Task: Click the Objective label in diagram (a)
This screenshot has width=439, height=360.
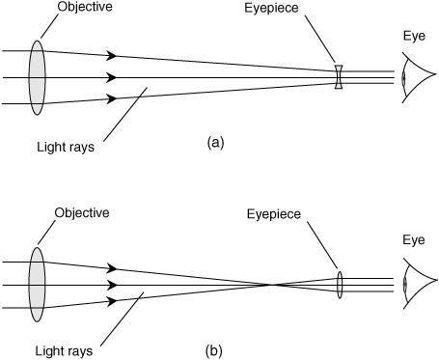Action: click(x=85, y=7)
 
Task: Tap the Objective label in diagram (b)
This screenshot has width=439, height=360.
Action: click(x=82, y=212)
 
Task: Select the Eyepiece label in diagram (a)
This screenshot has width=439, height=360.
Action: click(x=271, y=8)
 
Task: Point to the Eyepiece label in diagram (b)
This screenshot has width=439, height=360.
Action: click(x=274, y=214)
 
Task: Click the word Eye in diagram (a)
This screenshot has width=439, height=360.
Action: click(x=414, y=36)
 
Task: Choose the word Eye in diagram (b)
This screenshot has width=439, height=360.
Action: click(x=414, y=240)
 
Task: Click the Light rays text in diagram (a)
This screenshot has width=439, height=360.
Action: click(x=66, y=148)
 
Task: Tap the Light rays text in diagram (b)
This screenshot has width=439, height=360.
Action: click(x=64, y=351)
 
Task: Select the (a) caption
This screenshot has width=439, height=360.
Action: click(x=215, y=142)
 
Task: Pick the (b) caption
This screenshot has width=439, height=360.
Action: click(x=214, y=350)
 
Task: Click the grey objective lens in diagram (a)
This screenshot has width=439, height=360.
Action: click(x=38, y=77)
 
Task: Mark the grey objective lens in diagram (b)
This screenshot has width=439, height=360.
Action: click(x=38, y=285)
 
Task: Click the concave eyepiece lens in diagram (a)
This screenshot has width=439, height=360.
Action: click(x=339, y=77)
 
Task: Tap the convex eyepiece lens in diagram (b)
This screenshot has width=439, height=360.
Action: click(x=340, y=285)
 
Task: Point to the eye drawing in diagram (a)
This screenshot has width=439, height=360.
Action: click(x=419, y=77)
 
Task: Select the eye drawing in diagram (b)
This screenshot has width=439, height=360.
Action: click(x=419, y=284)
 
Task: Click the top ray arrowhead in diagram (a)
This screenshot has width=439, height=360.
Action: click(x=111, y=55)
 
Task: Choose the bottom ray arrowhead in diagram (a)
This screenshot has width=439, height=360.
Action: click(x=111, y=98)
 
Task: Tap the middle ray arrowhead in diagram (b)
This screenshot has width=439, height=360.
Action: click(x=111, y=285)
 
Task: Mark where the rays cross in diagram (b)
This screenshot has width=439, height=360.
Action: click(x=271, y=285)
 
